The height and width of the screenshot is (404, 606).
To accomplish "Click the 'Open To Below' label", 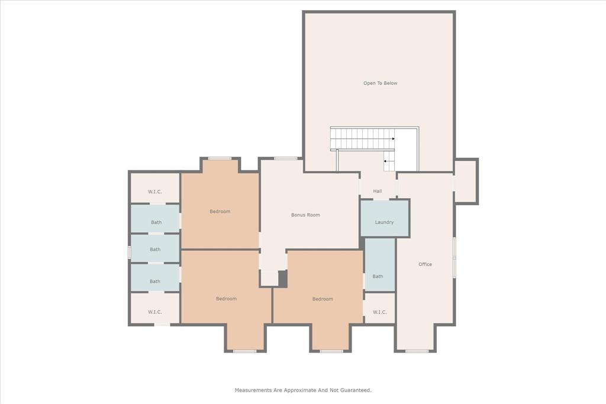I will tap(380, 83).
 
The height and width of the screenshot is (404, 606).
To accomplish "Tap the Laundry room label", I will tap(384, 222).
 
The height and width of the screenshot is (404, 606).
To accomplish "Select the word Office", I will tap(425, 264).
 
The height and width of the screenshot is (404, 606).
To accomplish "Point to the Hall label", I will tap(378, 191).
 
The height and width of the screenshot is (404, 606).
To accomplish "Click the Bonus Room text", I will tap(305, 215).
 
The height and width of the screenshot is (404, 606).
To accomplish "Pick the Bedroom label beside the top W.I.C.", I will tap(220, 211).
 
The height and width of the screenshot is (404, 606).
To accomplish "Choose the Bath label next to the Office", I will tap(378, 276).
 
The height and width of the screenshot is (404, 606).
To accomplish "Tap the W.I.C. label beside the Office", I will tap(379, 312).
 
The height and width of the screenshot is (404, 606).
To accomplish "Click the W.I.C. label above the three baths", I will tap(155, 192).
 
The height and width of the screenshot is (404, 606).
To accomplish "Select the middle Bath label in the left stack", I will tap(155, 250).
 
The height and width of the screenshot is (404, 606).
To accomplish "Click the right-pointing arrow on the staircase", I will tap(392, 139).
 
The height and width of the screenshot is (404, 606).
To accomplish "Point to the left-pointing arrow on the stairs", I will tap(385, 160).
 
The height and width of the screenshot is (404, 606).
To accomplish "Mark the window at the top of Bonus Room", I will tap(286, 158).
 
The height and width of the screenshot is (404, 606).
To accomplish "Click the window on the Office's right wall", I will tap(454, 257).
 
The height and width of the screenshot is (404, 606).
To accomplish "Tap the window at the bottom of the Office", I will tap(417, 351).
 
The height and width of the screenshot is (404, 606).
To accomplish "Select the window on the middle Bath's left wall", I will tap(129, 252).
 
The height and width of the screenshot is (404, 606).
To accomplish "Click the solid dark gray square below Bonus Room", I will tap(282, 279).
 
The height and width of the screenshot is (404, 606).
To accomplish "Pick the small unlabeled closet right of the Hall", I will tap(465, 182).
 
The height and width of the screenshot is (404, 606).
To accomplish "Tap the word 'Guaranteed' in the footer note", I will tap(355, 390).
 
